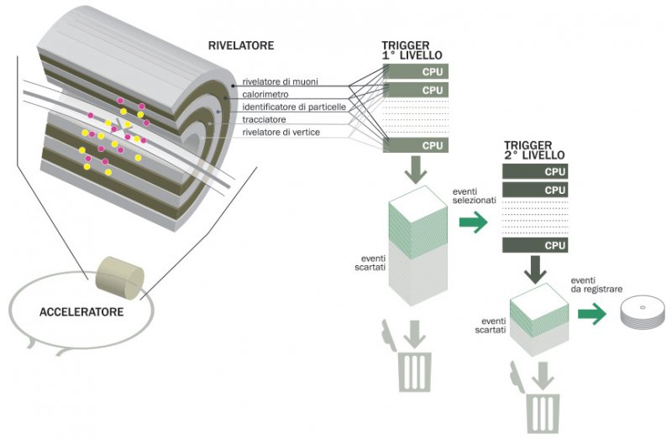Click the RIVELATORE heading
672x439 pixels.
coord(240,44)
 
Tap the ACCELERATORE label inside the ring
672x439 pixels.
coord(81,312)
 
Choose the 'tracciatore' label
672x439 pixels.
coord(265,120)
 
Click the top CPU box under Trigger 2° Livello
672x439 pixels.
coord(534,171)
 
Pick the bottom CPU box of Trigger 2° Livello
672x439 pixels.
coord(534,245)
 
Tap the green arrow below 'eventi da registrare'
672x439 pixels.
coord(591,315)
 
